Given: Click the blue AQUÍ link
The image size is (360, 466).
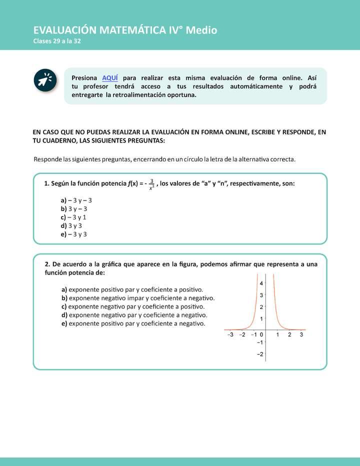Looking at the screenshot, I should coord(110,78).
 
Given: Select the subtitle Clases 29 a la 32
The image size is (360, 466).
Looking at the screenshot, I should coord(57,41).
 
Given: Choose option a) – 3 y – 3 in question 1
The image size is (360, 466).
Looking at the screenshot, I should coord(76,200).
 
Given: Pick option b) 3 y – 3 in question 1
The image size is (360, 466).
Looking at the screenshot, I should coord(74,208).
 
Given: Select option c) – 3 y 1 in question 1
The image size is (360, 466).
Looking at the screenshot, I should coord(73,217).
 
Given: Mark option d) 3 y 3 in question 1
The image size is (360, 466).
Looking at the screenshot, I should coord(71,225).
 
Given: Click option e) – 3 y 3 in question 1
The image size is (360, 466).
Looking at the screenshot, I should coord(73,234).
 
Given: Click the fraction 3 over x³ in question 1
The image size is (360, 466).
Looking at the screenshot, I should coord(151,184).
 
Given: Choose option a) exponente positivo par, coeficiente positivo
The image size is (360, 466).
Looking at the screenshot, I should coord(132,289).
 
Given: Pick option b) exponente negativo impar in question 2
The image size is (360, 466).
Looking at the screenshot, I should coord(138,298).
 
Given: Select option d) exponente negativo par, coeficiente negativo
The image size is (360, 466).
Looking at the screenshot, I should coord(134,315).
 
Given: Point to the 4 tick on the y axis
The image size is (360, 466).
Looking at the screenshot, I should coord(260,283).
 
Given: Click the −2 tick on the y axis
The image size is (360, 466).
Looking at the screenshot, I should coord(260,354).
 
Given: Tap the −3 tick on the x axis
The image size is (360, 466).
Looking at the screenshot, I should coord(230,335).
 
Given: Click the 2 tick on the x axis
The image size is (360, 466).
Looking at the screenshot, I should coord(289,335).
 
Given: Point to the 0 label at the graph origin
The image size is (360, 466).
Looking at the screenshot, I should coord(261,335).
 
